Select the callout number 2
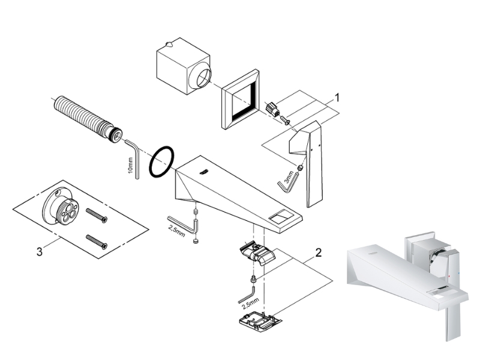[319, 253]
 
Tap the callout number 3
[39, 252]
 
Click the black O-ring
[161, 162]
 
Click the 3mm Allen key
[287, 182]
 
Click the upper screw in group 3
[96, 215]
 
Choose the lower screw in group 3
[95, 241]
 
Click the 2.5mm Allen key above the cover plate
[246, 296]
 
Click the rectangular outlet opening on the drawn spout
[280, 216]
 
